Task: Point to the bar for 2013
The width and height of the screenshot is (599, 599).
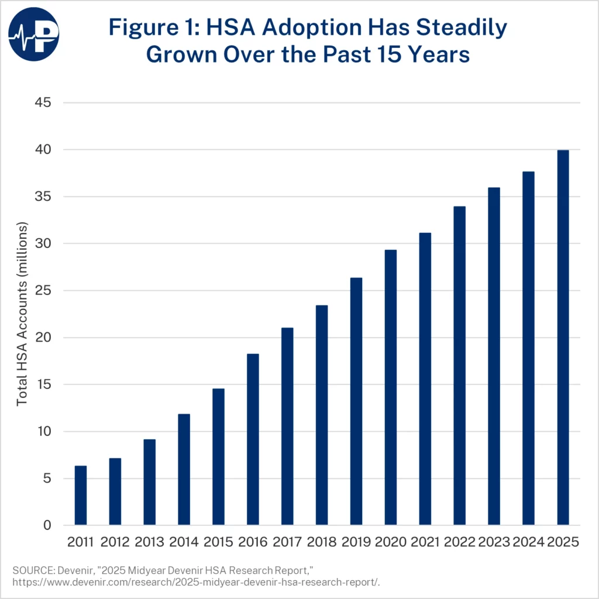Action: click(x=150, y=482)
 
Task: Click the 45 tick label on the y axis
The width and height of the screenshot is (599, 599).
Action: click(x=44, y=103)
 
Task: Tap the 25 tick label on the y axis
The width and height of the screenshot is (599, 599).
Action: click(x=44, y=291)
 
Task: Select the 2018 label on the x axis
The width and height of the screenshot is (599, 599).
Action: click(x=322, y=542)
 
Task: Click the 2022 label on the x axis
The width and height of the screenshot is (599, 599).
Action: click(x=460, y=542)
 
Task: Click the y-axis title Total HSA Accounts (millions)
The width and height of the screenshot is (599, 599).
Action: click(x=22, y=314)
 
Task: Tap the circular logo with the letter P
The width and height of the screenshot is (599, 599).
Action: click(x=33, y=33)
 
